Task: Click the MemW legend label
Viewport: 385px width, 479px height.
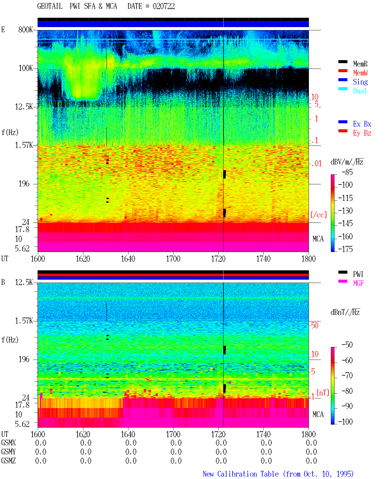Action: (x=360, y=73)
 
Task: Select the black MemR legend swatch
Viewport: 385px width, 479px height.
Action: (x=343, y=62)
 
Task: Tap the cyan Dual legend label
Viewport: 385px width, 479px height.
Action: (x=360, y=91)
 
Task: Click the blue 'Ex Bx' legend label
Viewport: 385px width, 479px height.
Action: (x=362, y=124)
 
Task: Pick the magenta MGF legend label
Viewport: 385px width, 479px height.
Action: (x=358, y=283)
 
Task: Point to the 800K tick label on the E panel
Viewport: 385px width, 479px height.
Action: (x=26, y=29)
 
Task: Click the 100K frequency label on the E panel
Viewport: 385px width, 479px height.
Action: (x=26, y=68)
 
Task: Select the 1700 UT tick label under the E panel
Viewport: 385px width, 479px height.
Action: (x=173, y=259)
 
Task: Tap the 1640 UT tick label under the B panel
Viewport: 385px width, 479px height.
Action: (x=128, y=434)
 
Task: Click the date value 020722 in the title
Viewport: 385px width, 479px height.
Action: (x=164, y=6)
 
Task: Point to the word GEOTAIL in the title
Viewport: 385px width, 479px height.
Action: (x=50, y=6)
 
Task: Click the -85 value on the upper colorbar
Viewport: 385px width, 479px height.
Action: (x=347, y=172)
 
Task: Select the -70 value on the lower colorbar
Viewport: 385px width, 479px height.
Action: (x=347, y=376)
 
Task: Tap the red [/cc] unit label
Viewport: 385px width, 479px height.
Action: (x=319, y=215)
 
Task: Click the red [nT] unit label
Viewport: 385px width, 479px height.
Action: (x=323, y=393)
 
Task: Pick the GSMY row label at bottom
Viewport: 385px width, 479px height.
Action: (x=8, y=452)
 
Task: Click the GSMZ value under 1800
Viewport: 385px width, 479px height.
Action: (x=311, y=461)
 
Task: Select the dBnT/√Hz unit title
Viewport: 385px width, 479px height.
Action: (x=345, y=312)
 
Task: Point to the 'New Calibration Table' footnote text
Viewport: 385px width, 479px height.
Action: (x=241, y=474)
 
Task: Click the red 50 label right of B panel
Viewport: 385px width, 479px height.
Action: (x=314, y=325)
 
